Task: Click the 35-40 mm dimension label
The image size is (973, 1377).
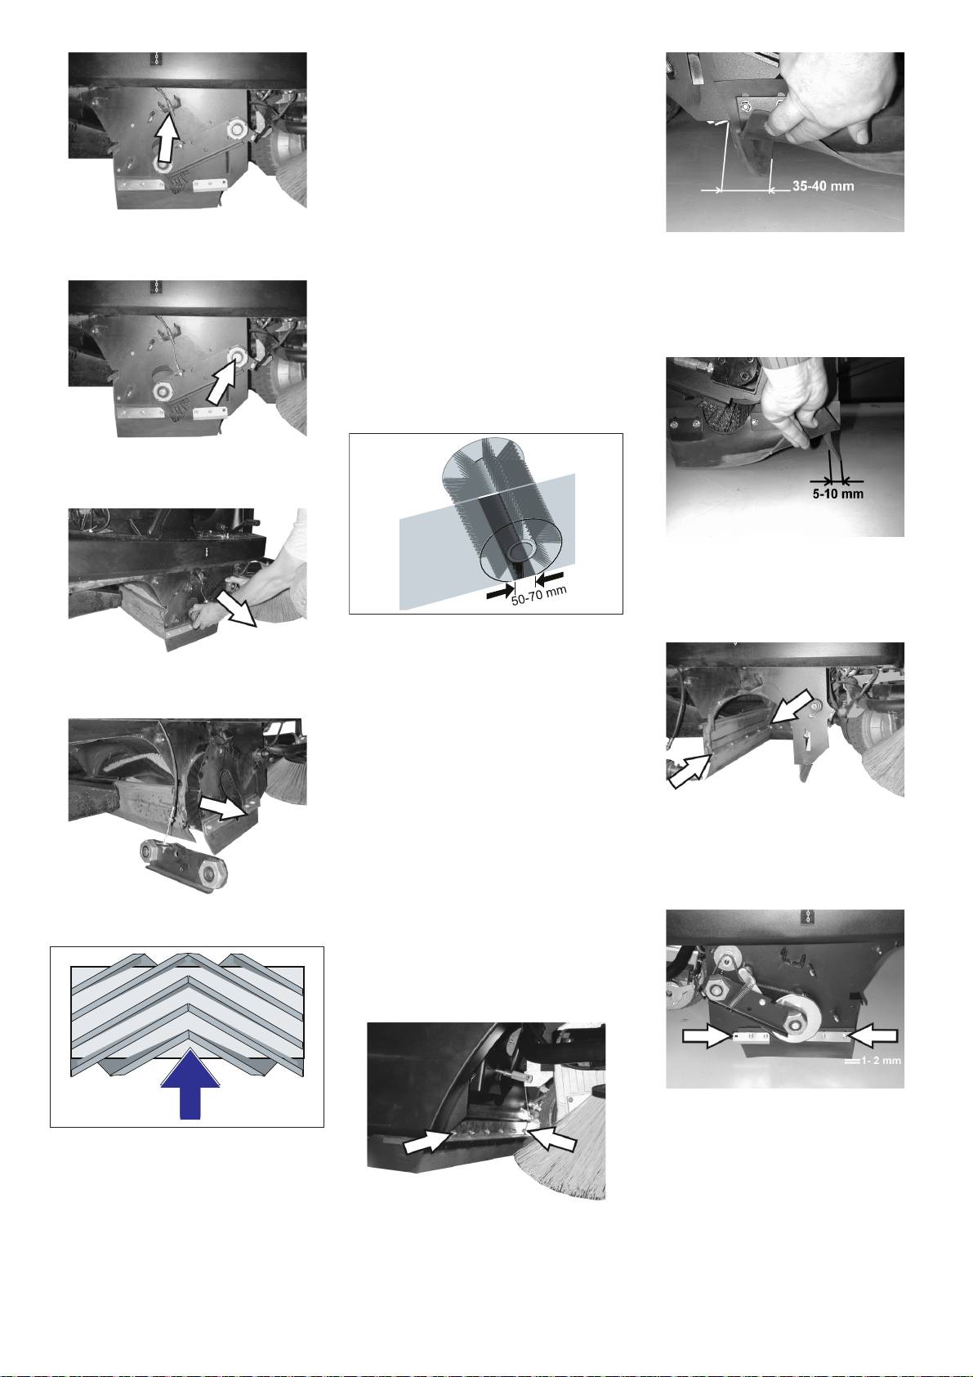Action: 823,185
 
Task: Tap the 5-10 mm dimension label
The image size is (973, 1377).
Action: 837,494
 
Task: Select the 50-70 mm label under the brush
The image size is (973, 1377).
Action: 539,594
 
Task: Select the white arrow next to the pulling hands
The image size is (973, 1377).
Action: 237,609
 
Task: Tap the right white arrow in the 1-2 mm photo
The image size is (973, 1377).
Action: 873,1036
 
